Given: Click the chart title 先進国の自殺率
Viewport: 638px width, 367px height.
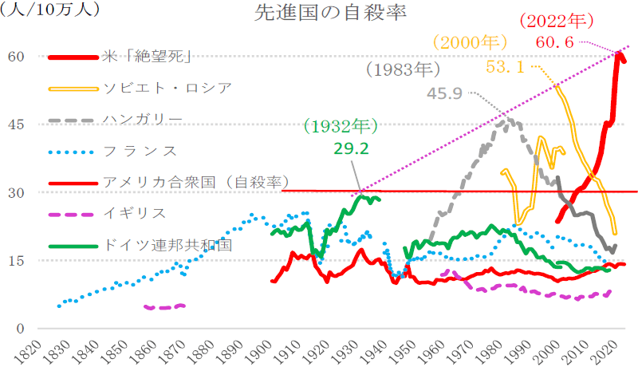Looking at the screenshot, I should point(320,14).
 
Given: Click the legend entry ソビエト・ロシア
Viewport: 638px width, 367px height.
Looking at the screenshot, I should point(167,88).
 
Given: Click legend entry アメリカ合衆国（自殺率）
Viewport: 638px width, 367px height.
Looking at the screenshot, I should point(195,181).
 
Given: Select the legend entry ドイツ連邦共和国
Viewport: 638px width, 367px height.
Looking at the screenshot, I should point(167,244).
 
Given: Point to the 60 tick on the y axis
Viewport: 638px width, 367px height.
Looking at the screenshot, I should point(17,57).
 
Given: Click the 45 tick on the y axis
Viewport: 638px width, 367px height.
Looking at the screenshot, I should point(17,124).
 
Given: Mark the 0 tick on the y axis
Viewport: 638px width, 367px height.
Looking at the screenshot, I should point(21,329).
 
